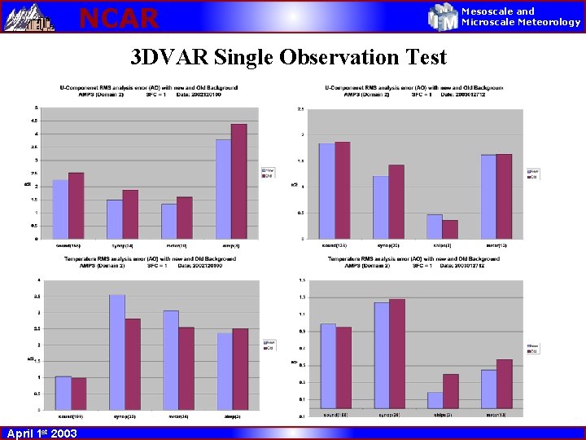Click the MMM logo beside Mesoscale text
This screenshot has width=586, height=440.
(444, 17)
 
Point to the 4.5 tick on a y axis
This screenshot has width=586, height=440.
(35, 121)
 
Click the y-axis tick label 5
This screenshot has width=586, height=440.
(35, 108)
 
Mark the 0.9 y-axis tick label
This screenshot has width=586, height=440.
(302, 332)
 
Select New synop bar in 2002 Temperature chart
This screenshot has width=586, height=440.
(117, 351)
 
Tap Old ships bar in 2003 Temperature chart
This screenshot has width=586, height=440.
(451, 391)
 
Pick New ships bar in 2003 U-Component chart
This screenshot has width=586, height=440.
(435, 227)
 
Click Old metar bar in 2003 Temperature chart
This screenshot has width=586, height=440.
(505, 383)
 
